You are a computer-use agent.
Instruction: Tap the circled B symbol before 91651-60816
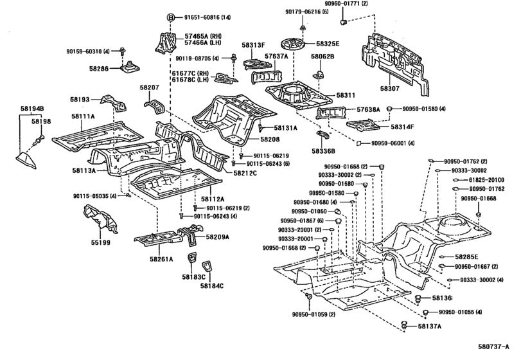pos(153,17)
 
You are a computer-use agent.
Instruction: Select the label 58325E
pos(329,44)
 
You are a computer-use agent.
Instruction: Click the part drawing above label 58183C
pos(191,258)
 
